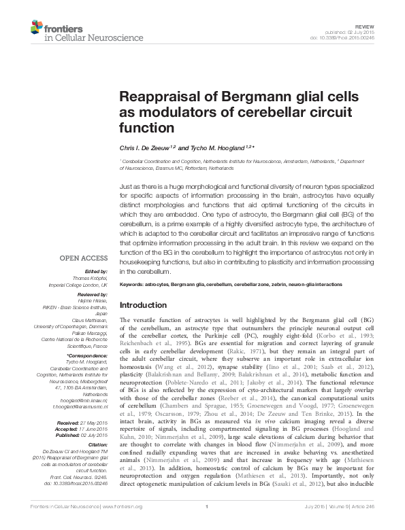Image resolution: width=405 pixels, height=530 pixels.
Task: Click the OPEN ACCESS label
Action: tap(84, 258)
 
